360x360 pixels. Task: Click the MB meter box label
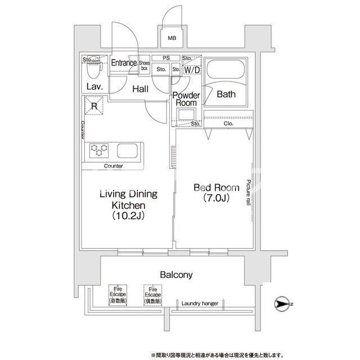[172, 38]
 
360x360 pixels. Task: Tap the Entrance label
[124, 62]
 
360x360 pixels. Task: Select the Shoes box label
[145, 65]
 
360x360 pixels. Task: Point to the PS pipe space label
[166, 58]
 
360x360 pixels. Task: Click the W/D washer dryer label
[192, 70]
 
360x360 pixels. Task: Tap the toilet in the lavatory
[94, 66]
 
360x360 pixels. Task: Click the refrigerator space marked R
[94, 106]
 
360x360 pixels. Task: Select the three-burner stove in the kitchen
[99, 150]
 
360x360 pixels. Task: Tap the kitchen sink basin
[128, 151]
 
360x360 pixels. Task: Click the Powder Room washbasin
[186, 114]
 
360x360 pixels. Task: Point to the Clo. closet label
[228, 124]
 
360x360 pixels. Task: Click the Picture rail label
[248, 192]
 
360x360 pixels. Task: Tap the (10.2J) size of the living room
[128, 215]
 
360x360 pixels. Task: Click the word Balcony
[176, 274]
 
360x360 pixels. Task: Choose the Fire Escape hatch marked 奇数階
[118, 295]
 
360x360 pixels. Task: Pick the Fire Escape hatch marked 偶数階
[152, 295]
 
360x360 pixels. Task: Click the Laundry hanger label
[200, 303]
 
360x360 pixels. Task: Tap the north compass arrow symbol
[281, 304]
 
